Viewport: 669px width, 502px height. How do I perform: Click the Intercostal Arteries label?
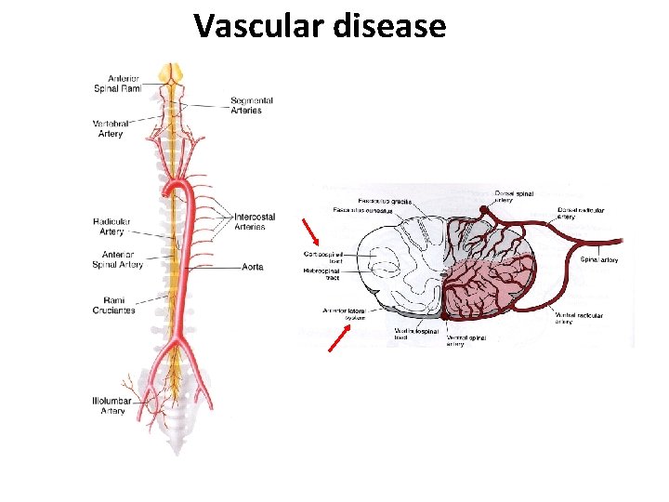[x=250, y=221]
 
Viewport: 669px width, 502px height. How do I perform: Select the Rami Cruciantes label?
[x=113, y=305]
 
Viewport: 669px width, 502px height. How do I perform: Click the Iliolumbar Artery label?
[x=112, y=405]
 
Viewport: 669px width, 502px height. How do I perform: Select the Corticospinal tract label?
[x=323, y=257]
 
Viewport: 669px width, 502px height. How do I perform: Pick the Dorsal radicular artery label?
[x=581, y=214]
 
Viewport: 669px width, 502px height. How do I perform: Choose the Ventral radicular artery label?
[x=579, y=319]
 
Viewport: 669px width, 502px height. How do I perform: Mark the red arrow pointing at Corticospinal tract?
[x=311, y=231]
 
